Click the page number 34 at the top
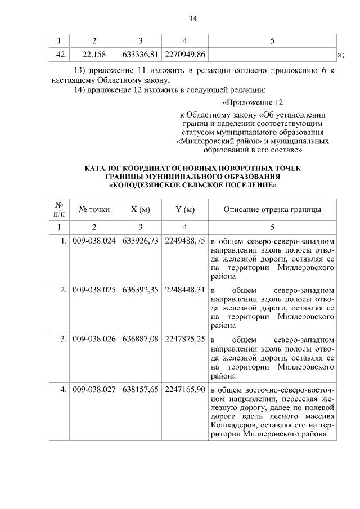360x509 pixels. pyautogui.click(x=192, y=19)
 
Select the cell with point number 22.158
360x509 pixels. pyautogui.click(x=94, y=54)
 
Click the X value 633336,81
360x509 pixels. pyautogui.click(x=140, y=54)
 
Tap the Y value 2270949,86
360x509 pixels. pyautogui.click(x=185, y=54)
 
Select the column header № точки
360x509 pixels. pyautogui.click(x=94, y=210)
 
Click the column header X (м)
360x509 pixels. pyautogui.click(x=140, y=210)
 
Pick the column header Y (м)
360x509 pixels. pyautogui.click(x=185, y=210)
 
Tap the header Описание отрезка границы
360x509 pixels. pyautogui.click(x=272, y=210)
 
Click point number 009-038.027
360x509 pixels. pyautogui.click(x=94, y=389)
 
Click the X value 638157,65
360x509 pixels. pyautogui.click(x=140, y=389)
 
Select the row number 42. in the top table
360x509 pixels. pyautogui.click(x=61, y=54)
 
